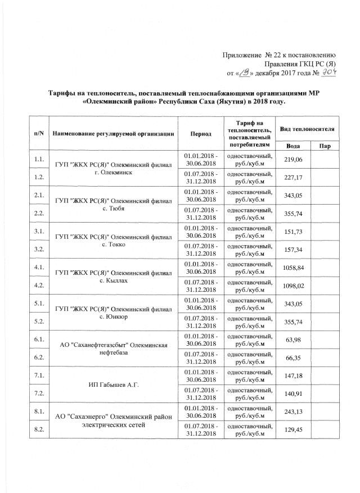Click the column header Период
click(x=201, y=134)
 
